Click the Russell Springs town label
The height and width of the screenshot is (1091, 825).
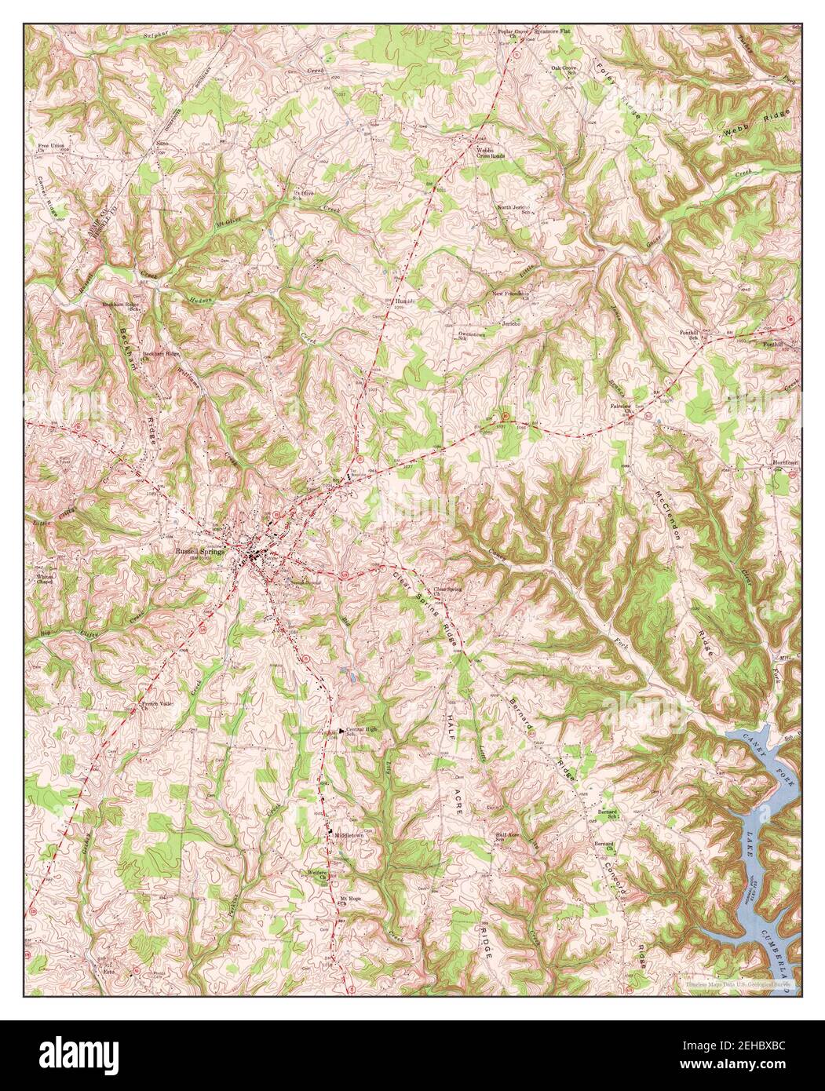(x=201, y=551)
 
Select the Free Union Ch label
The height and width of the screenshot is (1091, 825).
(x=49, y=149)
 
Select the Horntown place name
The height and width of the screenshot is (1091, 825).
(x=785, y=462)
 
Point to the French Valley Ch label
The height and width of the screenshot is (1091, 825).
(x=155, y=706)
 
